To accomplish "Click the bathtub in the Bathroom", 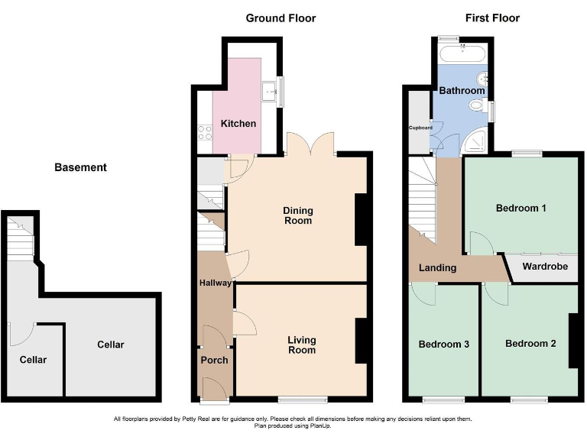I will [x=462, y=53].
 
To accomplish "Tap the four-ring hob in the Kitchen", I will [x=205, y=131].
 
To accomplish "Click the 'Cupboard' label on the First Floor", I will [x=420, y=128].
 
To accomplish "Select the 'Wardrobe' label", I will [x=545, y=267].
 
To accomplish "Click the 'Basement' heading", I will [x=80, y=167].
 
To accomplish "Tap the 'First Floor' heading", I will [x=493, y=18].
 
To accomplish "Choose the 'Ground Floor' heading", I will [x=281, y=18].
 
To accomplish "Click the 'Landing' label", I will [x=437, y=267].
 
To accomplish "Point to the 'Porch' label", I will [x=214, y=360].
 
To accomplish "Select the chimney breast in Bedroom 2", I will [x=572, y=341].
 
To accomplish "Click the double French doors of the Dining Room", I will [x=310, y=144].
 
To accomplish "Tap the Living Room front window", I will [x=302, y=399].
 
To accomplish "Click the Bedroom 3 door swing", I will [x=422, y=292].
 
